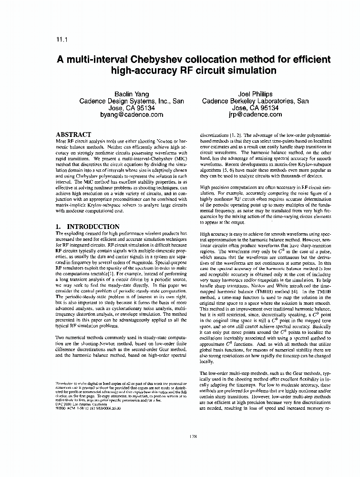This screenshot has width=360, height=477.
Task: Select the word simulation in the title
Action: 247,71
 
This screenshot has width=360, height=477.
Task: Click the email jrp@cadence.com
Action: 255,114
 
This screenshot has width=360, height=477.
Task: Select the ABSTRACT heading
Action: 73,135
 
